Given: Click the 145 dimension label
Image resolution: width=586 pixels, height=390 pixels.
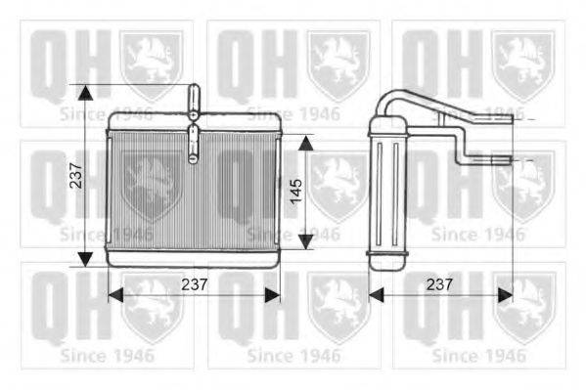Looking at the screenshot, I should click(x=295, y=193).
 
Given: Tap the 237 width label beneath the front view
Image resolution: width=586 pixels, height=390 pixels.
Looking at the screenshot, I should click(x=195, y=284).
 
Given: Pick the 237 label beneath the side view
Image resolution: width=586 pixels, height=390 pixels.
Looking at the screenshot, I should click(x=439, y=284).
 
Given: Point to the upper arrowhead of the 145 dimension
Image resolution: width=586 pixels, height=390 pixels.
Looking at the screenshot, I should click(x=305, y=143).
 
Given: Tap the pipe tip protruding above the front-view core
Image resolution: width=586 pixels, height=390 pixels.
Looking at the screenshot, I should click(x=193, y=93).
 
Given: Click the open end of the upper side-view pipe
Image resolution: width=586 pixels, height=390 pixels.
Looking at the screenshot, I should click(x=510, y=118).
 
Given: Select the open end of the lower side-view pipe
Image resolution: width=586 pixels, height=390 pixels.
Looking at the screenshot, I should click(x=508, y=157).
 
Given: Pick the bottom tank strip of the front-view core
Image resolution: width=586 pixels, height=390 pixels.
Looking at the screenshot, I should click(x=193, y=260).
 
